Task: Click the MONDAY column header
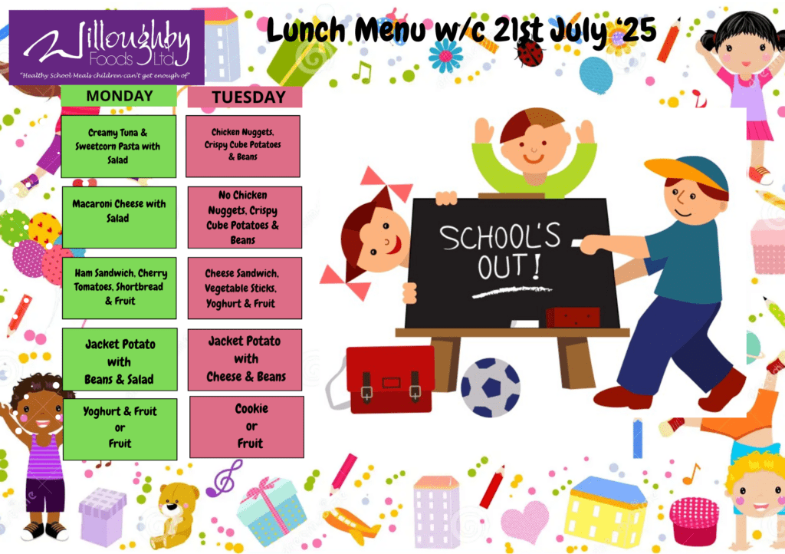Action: [119, 96]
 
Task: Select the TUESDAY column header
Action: [245, 97]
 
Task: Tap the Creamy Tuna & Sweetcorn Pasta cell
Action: [119, 147]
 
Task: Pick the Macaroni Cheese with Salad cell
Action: [119, 217]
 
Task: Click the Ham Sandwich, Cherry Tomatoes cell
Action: [119, 288]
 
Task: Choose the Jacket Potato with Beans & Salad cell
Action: [120, 359]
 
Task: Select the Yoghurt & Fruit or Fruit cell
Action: [120, 429]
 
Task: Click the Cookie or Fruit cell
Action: [247, 427]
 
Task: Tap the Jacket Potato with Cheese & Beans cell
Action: [245, 360]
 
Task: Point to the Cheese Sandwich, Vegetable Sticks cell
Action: [245, 288]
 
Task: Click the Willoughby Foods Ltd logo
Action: [107, 48]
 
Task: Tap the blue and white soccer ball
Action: [490, 387]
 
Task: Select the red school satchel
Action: [390, 379]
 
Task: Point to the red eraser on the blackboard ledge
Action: [573, 317]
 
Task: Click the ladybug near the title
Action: [530, 53]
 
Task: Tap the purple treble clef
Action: [225, 478]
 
